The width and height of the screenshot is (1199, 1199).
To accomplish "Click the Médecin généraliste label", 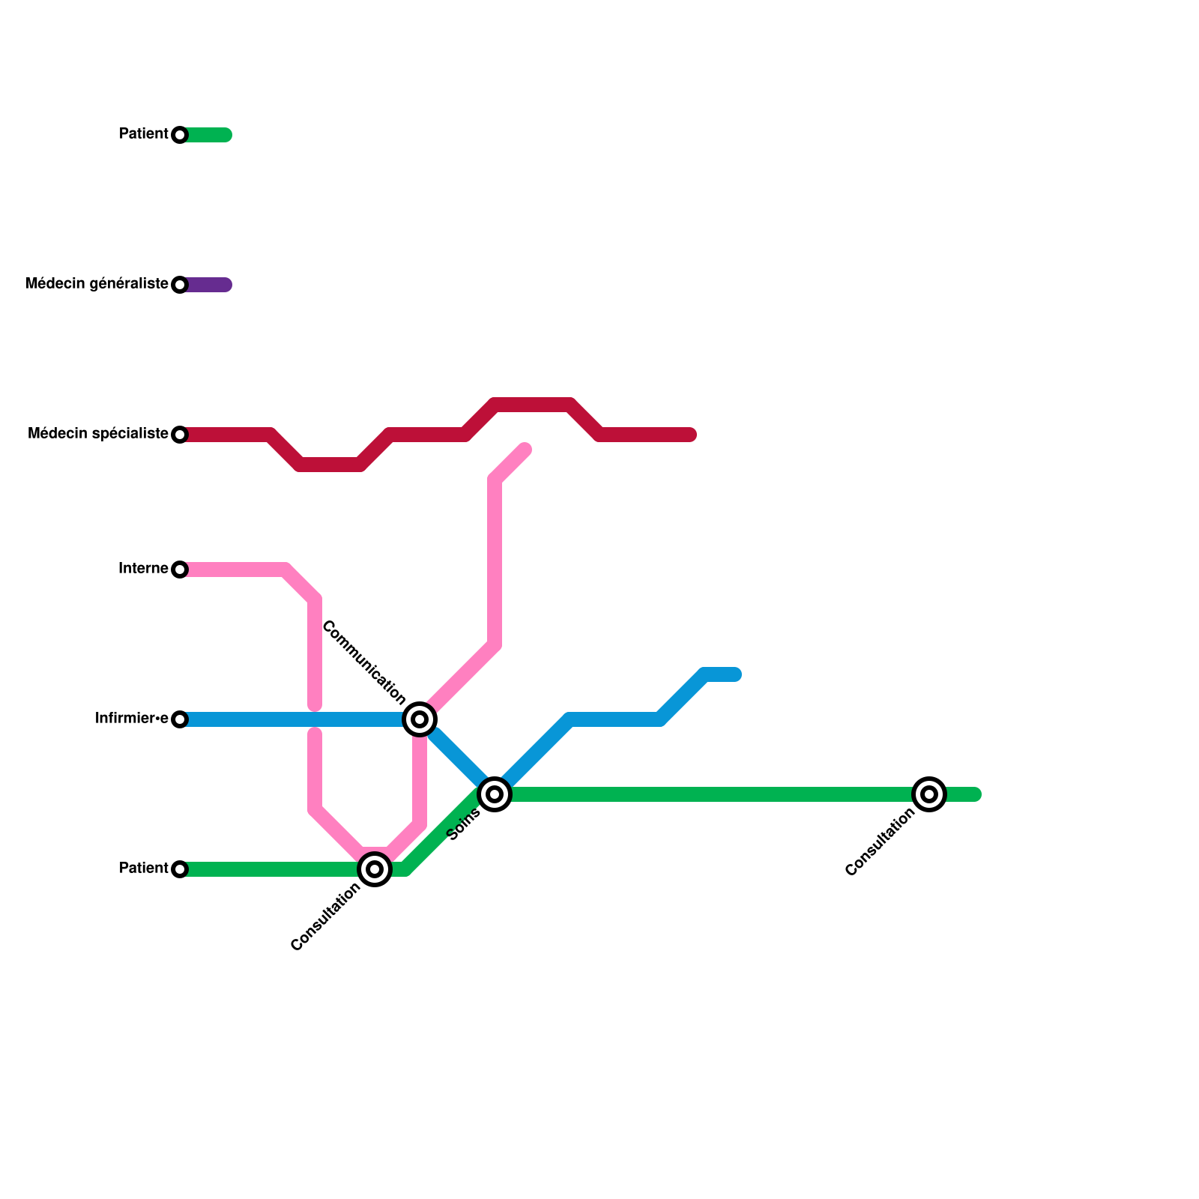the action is (x=96, y=284).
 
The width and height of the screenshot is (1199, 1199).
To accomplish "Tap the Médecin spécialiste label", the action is (x=97, y=434).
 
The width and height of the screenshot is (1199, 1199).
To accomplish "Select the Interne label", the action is (x=142, y=569).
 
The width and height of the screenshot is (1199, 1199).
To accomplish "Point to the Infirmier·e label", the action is (x=131, y=719).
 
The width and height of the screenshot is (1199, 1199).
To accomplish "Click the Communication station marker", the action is (x=420, y=719).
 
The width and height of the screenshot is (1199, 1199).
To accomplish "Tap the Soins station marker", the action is (x=495, y=794).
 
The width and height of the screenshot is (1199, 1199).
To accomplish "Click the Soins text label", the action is (x=464, y=824).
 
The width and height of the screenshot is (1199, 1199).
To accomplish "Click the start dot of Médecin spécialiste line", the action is (x=180, y=435).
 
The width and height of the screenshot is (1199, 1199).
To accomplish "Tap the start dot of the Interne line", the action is (x=180, y=570).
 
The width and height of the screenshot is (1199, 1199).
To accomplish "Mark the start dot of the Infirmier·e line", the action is (x=180, y=719).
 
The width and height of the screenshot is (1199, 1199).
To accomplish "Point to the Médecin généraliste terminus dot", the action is (x=180, y=285).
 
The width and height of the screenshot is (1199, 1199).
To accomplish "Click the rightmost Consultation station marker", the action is (x=929, y=794).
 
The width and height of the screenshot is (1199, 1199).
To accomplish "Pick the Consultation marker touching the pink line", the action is (x=375, y=869).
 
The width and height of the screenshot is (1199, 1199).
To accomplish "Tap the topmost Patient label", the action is (x=143, y=134).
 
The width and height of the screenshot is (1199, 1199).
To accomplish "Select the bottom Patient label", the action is (x=143, y=869).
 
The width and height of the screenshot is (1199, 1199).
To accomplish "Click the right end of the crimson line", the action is (x=691, y=435).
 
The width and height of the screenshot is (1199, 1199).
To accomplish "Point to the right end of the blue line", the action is (x=736, y=674).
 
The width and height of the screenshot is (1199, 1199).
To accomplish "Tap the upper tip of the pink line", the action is (x=525, y=449).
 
